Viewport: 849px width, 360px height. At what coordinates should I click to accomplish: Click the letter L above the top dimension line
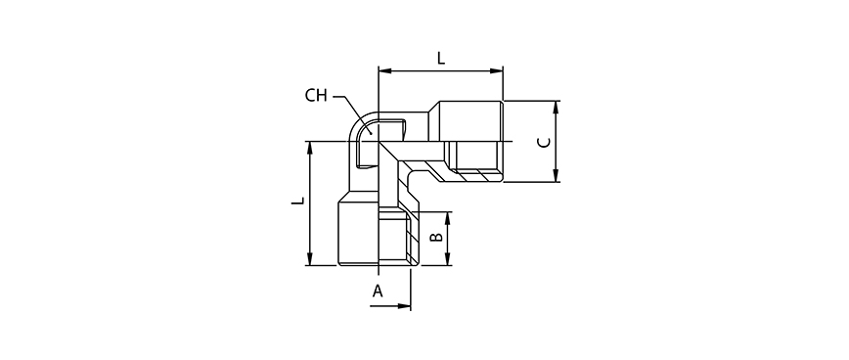pyautogui.click(x=441, y=58)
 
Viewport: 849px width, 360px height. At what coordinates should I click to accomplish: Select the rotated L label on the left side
pyautogui.click(x=297, y=201)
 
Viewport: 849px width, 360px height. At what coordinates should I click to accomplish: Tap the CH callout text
pyautogui.click(x=316, y=97)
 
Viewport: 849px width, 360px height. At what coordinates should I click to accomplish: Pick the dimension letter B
pyautogui.click(x=436, y=237)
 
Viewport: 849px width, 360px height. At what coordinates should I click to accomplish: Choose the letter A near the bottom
pyautogui.click(x=378, y=292)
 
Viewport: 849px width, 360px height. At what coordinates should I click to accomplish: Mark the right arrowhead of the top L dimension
pyautogui.click(x=497, y=70)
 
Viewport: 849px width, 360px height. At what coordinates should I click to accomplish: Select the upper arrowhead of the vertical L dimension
pyautogui.click(x=310, y=149)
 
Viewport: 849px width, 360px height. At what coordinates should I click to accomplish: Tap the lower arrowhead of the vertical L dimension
pyautogui.click(x=310, y=259)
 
